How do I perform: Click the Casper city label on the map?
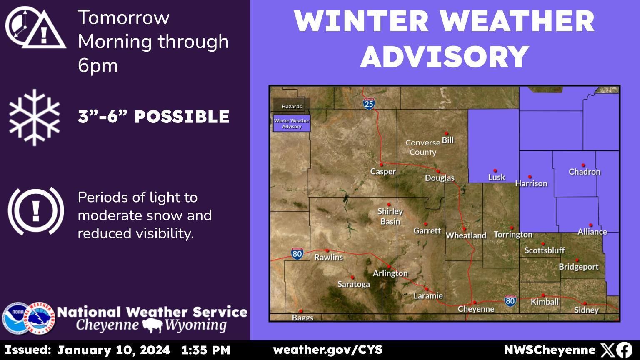(383, 172)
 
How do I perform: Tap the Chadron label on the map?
(585, 172)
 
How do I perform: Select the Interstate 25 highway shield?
(369, 103)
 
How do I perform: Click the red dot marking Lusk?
(495, 170)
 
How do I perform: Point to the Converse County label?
(423, 147)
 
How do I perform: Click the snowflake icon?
(35, 117)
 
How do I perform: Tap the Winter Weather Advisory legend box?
(292, 123)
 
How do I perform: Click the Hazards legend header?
(292, 106)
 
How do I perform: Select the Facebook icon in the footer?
(624, 350)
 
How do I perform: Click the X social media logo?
(607, 350)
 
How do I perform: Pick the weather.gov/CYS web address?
(327, 350)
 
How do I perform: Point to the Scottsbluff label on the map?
(544, 250)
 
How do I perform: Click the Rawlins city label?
(328, 257)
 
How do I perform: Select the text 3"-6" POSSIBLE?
(153, 117)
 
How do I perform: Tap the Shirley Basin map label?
(390, 216)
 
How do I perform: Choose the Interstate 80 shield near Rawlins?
(297, 253)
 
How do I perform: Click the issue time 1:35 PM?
(206, 350)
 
